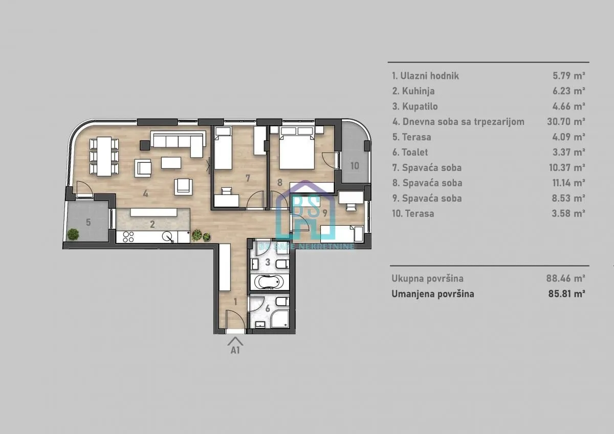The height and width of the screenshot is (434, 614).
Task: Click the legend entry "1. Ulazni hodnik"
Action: (x=425, y=76)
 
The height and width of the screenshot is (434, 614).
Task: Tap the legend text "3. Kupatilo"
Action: (x=414, y=106)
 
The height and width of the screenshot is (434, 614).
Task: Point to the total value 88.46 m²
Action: (x=565, y=278)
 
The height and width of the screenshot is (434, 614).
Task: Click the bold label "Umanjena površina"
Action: (x=432, y=294)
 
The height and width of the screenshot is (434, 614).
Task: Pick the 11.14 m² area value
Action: (x=565, y=183)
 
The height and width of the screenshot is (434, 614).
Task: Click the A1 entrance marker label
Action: (x=235, y=351)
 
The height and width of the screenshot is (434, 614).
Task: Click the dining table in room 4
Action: (x=104, y=156)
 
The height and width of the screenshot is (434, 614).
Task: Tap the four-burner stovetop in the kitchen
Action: (x=128, y=237)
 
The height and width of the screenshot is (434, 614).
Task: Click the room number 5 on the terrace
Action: (x=88, y=222)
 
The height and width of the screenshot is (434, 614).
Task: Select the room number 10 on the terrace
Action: (x=355, y=165)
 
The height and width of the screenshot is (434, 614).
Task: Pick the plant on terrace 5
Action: (x=74, y=234)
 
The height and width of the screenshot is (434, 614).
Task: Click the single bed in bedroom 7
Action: (x=224, y=149)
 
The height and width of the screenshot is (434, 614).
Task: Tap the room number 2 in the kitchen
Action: (x=152, y=223)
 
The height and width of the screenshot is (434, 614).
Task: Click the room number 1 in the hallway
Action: (x=235, y=301)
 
